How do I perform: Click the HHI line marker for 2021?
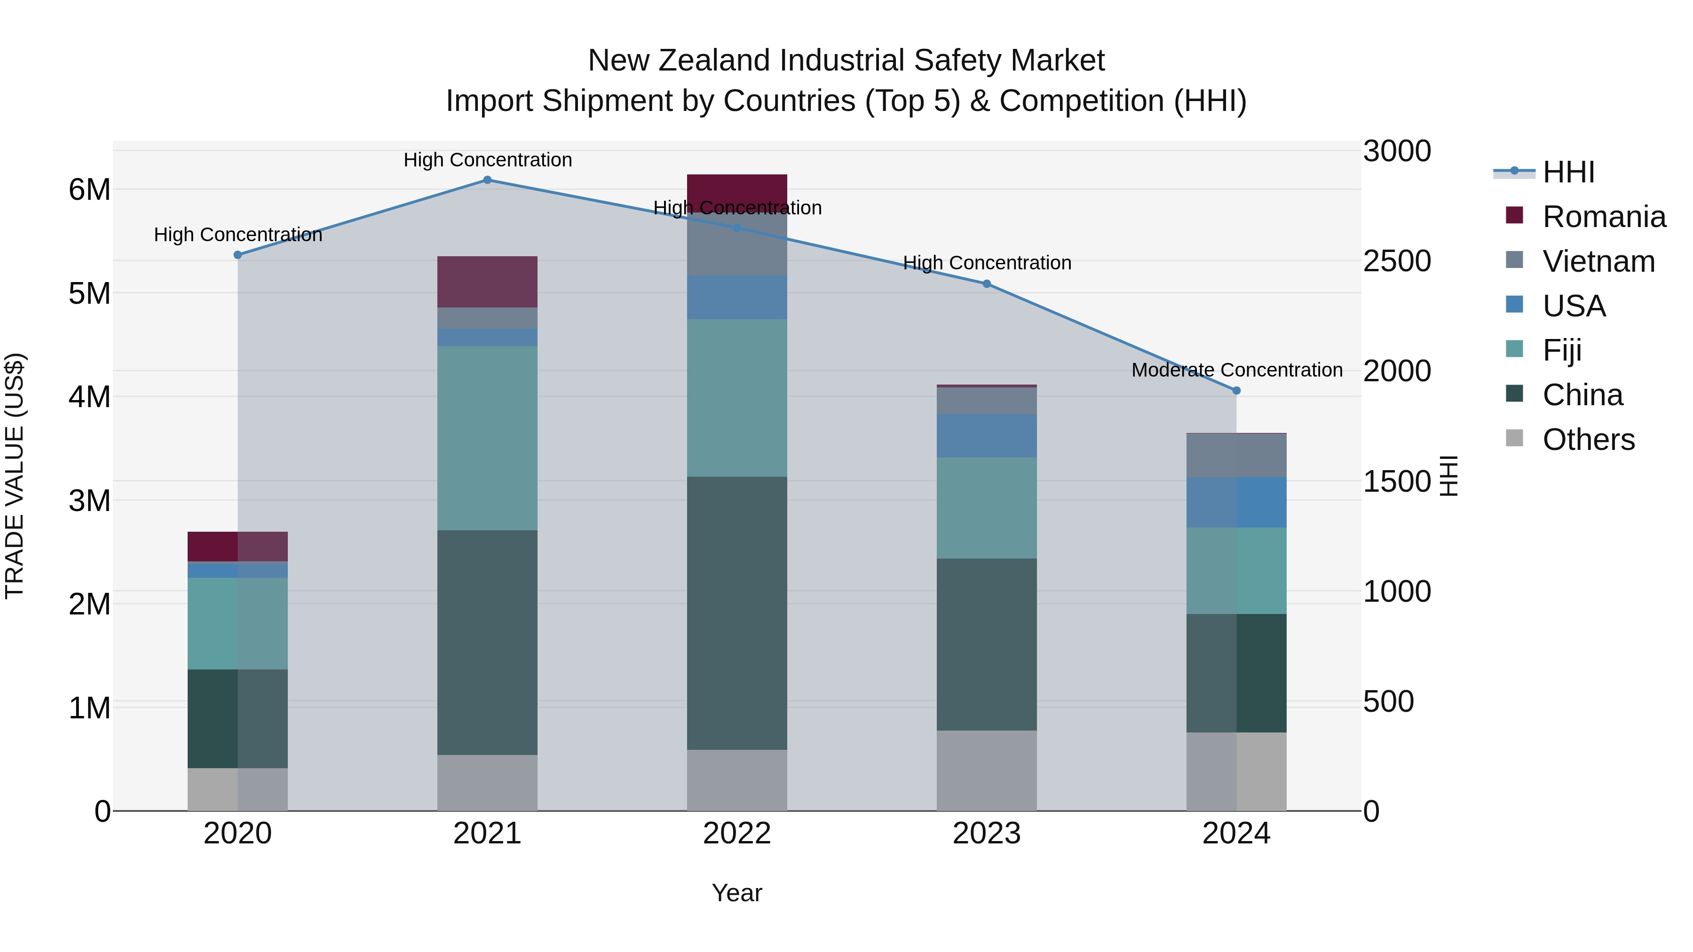pos(487,180)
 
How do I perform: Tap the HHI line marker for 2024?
pos(1236,390)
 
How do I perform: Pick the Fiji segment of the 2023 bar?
pos(987,507)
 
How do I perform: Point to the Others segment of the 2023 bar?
pos(987,770)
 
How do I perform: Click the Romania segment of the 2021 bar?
pos(487,282)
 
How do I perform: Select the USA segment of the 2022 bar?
pos(737,297)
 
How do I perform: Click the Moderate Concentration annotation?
pos(1236,370)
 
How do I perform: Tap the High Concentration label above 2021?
pos(487,160)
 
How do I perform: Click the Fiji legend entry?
pos(1561,350)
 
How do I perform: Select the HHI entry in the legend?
pos(1567,172)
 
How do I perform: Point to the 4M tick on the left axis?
pos(89,397)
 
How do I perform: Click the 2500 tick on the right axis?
pos(1397,261)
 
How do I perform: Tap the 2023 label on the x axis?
pos(987,834)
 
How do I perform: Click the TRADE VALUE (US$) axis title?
pos(15,476)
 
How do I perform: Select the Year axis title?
pos(737,893)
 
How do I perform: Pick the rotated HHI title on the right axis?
pos(1448,476)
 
